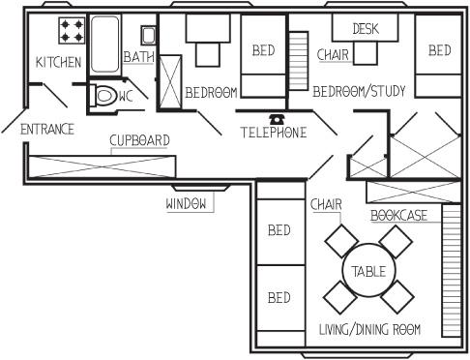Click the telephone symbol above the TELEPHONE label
pos(277,119)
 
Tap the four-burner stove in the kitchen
pos(72,31)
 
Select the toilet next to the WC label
pos(103,95)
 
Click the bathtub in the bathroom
pos(104,45)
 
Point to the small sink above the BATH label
pos(148,35)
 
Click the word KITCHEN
pos(58,62)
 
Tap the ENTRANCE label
pos(47,130)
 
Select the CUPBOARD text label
pos(139,140)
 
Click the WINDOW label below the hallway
pos(186,204)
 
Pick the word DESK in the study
pos(366,29)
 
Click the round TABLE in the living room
pos(368,270)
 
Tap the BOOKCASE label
pos(399,216)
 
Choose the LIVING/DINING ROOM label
pos(369,329)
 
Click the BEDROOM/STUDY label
pos(359,91)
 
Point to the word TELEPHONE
pos(274,133)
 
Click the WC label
pos(126,96)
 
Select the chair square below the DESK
pos(366,53)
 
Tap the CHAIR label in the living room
pos(326,204)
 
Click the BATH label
pos(139,57)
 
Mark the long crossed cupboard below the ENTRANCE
pos(102,166)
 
